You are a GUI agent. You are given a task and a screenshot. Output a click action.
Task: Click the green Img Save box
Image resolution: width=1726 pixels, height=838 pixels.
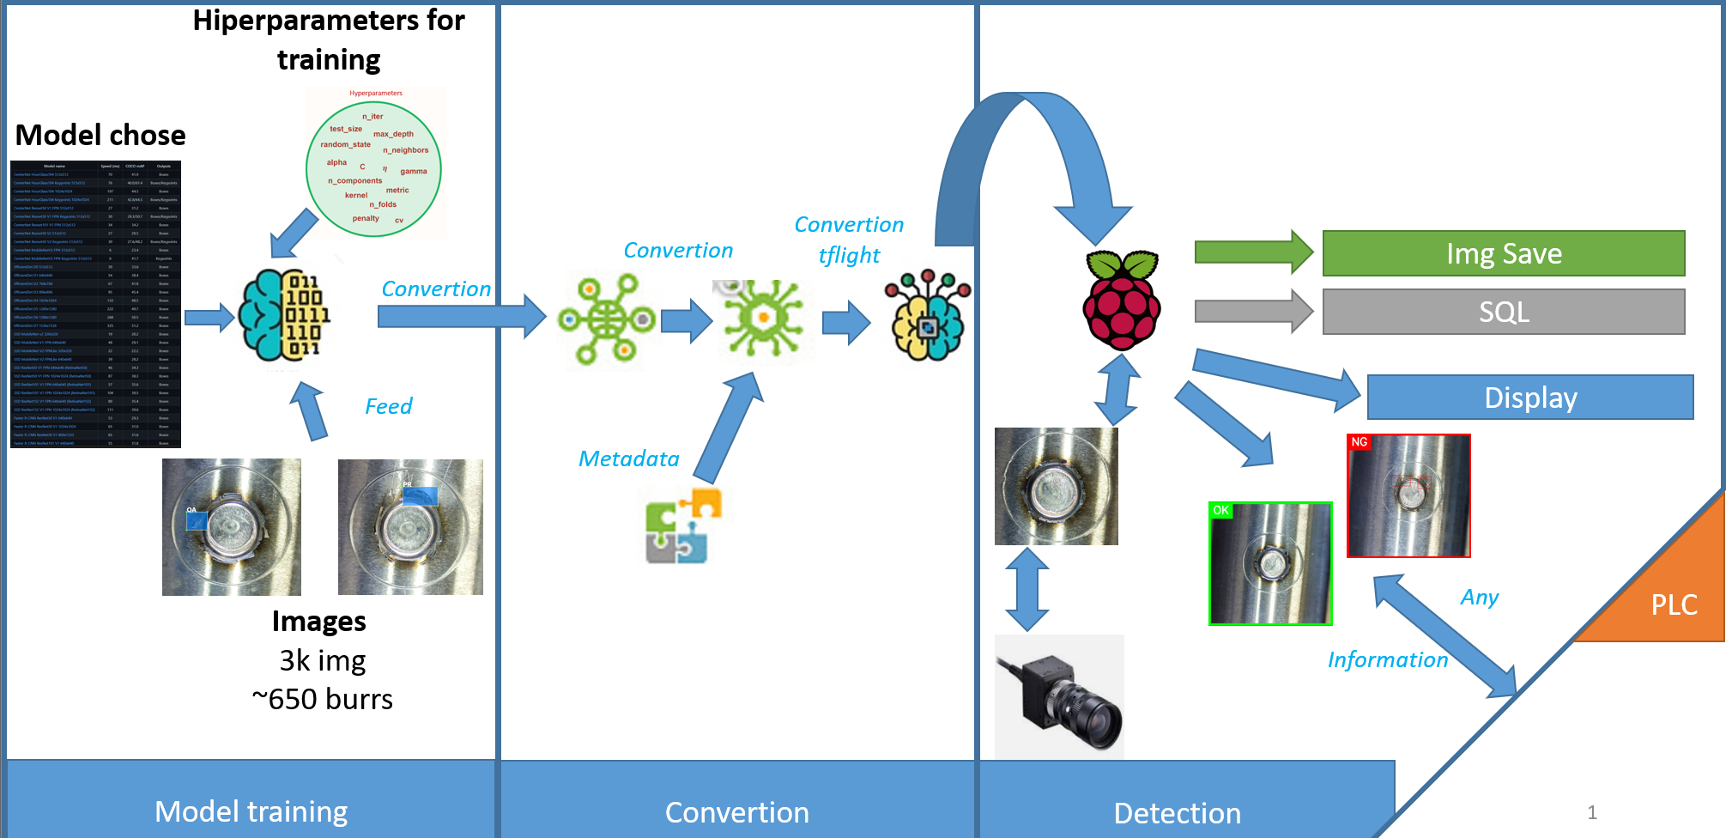coord(1503,253)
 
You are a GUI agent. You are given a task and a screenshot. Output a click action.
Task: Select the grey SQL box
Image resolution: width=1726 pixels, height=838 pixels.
coord(1503,312)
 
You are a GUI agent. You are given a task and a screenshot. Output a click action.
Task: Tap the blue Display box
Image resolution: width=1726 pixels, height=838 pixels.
coord(1529,398)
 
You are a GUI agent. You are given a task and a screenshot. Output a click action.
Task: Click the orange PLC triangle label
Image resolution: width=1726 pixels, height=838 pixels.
coord(1674,604)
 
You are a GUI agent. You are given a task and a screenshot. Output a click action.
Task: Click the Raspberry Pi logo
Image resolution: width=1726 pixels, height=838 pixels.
coord(1122,300)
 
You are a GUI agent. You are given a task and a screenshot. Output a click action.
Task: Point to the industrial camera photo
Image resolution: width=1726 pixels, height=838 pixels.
coord(1059,696)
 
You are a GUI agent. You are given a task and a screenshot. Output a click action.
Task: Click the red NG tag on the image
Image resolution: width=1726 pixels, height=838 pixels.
coord(1360,442)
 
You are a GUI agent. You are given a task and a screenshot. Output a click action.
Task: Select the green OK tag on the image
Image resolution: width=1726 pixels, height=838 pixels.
coord(1220,510)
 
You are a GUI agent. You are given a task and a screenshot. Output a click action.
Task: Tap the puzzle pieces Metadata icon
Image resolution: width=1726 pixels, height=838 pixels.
coord(682,525)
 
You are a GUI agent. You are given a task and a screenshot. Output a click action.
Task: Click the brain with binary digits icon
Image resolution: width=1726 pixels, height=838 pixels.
coord(283,315)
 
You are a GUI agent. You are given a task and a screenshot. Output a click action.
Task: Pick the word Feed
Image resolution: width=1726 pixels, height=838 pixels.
coord(388,406)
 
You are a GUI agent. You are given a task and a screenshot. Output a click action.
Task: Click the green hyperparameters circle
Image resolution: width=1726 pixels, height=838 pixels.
coord(373,169)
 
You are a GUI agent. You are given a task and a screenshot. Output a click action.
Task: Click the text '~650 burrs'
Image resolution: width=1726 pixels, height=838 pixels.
coord(322,699)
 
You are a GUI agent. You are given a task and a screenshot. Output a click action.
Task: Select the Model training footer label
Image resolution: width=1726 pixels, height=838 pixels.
coord(251,811)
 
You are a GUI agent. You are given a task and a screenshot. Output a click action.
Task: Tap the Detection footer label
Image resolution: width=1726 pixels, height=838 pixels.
coord(1177,812)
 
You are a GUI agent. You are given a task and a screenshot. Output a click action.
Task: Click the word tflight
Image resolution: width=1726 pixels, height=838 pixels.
coord(848,255)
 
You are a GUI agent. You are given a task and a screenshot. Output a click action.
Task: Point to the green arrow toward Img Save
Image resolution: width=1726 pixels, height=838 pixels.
coord(1253,252)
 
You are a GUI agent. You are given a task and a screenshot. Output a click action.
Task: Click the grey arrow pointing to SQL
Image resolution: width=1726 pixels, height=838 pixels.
coord(1253,311)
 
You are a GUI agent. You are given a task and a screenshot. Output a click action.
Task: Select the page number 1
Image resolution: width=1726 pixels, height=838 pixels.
coord(1591,812)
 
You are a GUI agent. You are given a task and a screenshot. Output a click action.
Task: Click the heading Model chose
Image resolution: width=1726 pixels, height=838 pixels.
coord(100,135)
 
